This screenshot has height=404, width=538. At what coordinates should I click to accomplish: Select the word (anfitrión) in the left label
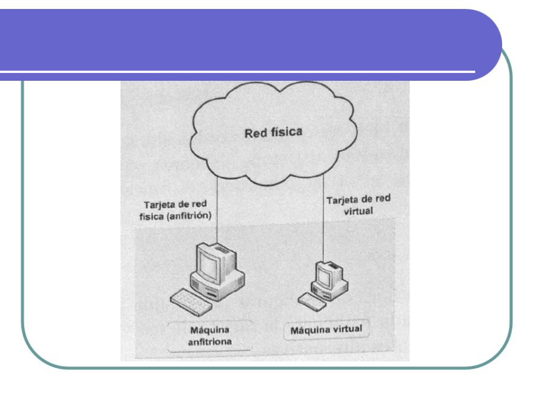189,216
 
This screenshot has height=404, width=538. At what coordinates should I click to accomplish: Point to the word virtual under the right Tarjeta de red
359,211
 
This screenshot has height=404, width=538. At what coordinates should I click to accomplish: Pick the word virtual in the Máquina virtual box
348,329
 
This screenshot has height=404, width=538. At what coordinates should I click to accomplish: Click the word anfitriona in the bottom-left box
210,342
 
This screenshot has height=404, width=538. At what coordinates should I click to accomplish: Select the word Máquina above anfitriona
210,330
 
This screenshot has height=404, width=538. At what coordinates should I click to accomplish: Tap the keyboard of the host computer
191,302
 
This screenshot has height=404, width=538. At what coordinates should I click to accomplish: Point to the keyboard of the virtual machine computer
312,302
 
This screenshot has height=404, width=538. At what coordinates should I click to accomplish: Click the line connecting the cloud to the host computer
217,209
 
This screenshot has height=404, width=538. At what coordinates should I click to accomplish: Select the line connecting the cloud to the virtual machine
323,218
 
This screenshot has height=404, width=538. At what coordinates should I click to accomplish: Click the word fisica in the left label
152,217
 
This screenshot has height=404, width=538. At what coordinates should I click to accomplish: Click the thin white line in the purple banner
237,72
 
